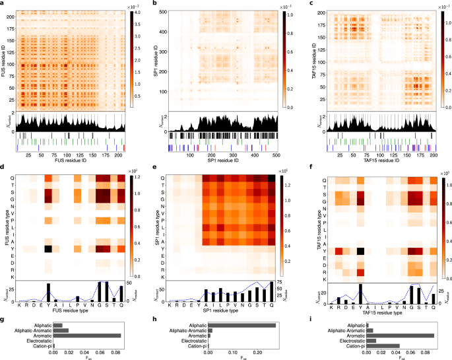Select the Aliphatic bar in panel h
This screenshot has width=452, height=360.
[x=242, y=325]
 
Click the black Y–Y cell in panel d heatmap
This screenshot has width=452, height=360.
[x=48, y=249]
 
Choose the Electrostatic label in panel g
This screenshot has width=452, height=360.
[x=38, y=341]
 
